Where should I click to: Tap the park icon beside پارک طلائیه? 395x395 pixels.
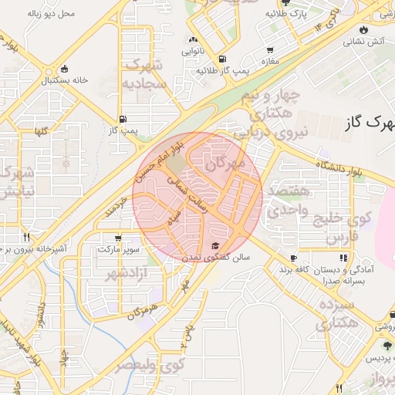pyautogui.click(x=271, y=14)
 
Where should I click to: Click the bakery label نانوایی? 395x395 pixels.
pyautogui.click(x=193, y=52)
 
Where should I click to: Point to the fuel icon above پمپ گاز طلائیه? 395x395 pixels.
pyautogui.click(x=222, y=58)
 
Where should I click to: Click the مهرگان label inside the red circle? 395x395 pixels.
pyautogui.click(x=226, y=164)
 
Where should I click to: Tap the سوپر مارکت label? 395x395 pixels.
pyautogui.click(x=118, y=250)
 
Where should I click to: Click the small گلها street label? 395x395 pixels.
pyautogui.click(x=39, y=131)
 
